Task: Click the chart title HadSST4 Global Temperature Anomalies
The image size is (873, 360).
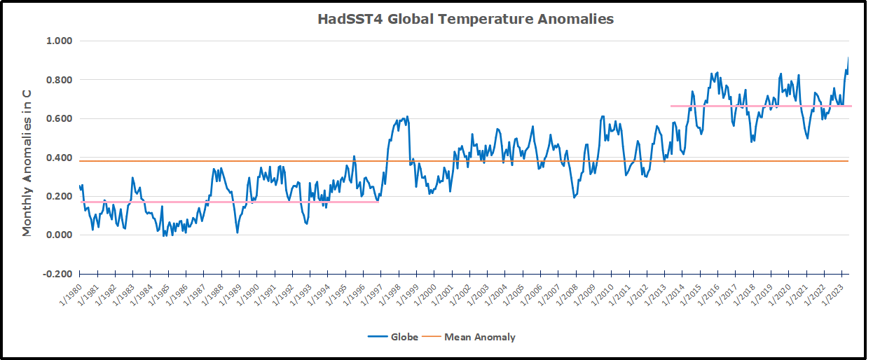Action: click(465, 19)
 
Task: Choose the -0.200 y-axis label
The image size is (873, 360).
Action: click(57, 274)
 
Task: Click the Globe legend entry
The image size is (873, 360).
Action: click(393, 337)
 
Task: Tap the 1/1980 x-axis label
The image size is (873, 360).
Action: click(70, 292)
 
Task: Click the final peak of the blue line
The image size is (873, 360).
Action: click(848, 59)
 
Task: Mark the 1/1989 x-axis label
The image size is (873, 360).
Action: click(230, 292)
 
